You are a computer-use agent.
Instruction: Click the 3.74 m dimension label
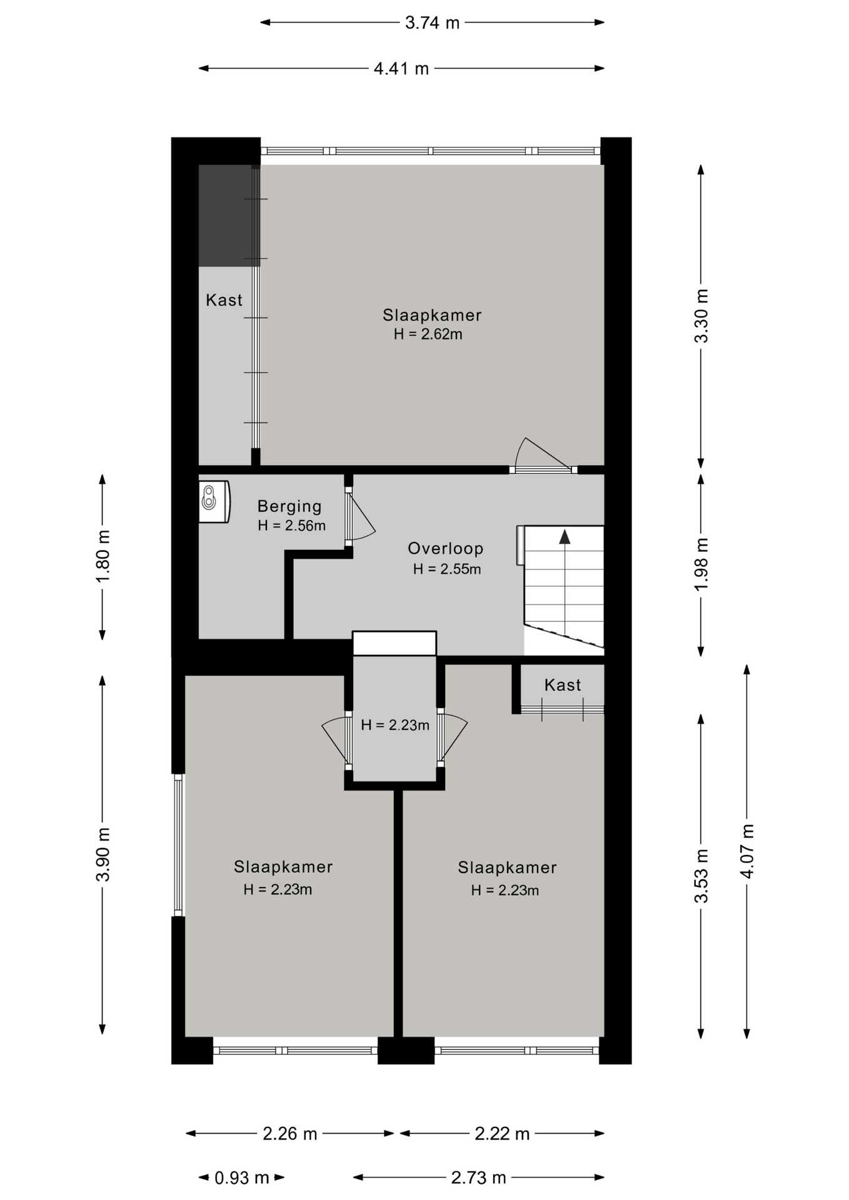(x=432, y=23)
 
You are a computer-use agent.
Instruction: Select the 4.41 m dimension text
(x=401, y=69)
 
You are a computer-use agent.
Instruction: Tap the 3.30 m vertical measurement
(x=701, y=316)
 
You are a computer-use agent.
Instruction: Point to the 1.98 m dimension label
(x=701, y=564)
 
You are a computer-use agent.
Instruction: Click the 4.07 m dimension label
(x=747, y=851)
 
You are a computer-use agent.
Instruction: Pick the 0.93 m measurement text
(x=242, y=1178)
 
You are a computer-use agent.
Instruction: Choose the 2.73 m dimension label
(x=478, y=1178)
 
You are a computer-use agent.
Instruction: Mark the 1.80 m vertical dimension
(x=103, y=557)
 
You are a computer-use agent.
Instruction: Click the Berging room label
(x=289, y=506)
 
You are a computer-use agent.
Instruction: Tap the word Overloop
(x=446, y=549)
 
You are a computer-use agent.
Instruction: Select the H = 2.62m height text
(x=428, y=334)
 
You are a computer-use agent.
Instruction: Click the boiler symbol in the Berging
(x=214, y=501)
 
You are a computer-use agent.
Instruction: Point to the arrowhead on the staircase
(x=565, y=536)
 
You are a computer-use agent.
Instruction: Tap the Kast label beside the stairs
(x=563, y=685)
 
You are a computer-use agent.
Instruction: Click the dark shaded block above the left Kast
(x=229, y=216)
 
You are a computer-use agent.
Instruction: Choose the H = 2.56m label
(x=292, y=526)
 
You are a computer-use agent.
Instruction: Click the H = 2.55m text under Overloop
(x=447, y=569)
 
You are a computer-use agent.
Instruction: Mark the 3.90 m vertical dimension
(x=103, y=854)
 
